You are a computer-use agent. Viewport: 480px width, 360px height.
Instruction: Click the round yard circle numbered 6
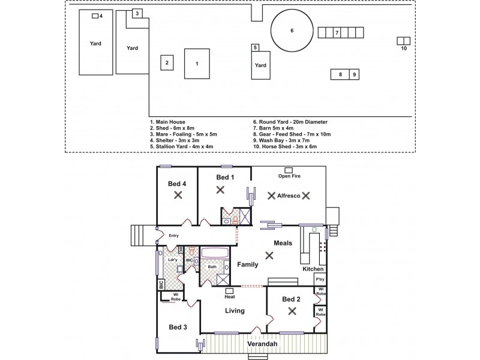pyautogui.click(x=292, y=31)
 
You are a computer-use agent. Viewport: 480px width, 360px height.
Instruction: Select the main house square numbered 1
pyautogui.click(x=197, y=62)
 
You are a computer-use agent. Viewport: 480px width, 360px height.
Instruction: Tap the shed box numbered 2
pyautogui.click(x=167, y=62)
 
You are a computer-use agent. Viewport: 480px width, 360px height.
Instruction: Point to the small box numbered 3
pyautogui.click(x=137, y=13)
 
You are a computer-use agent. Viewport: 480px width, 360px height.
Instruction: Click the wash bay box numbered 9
pyautogui.click(x=355, y=74)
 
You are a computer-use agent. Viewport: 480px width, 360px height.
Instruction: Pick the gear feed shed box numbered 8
pyautogui.click(x=340, y=74)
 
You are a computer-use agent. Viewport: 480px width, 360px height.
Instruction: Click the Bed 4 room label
pyautogui.click(x=177, y=184)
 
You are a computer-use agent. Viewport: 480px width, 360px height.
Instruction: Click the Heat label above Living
pyautogui.click(x=229, y=297)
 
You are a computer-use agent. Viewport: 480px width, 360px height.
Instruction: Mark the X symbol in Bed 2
pyautogui.click(x=292, y=311)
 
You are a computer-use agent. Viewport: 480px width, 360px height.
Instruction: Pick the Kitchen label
pyautogui.click(x=313, y=269)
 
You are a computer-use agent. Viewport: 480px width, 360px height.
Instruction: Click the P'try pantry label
pyautogui.click(x=319, y=280)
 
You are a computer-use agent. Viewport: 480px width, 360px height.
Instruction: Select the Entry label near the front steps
pyautogui.click(x=174, y=236)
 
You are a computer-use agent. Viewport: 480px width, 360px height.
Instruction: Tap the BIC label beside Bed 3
pyautogui.click(x=161, y=285)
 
